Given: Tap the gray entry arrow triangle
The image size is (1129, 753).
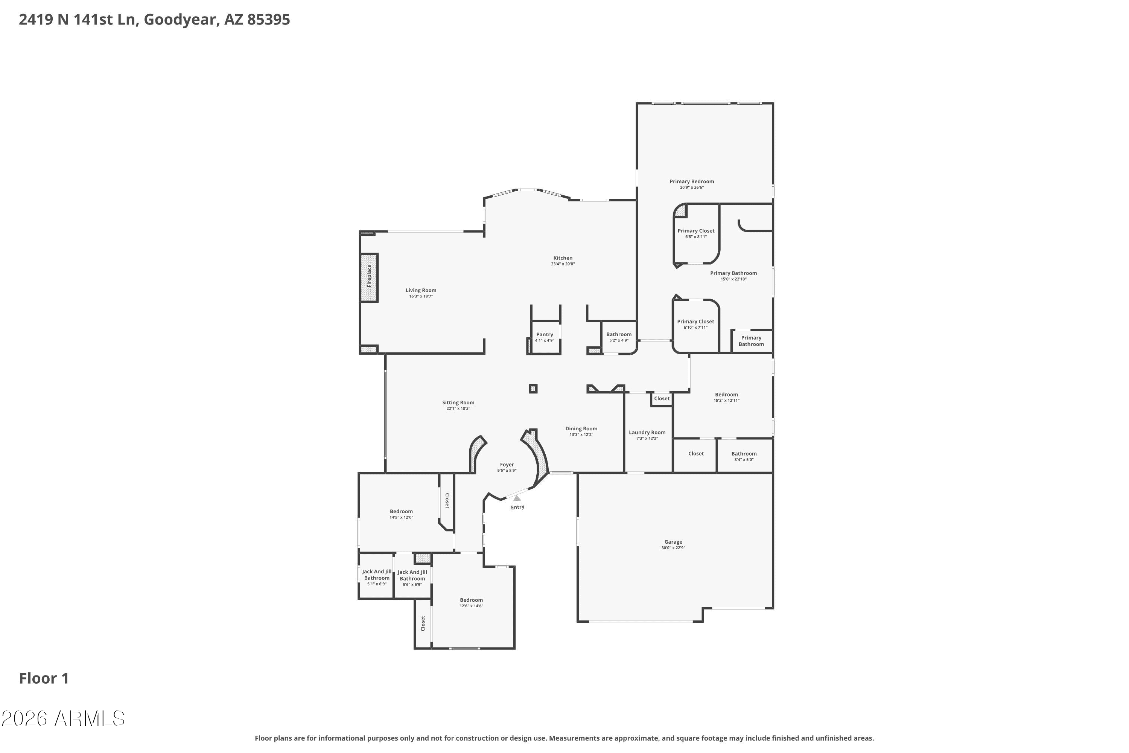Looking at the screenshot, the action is [x=517, y=498].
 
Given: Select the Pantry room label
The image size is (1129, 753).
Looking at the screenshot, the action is [x=545, y=334].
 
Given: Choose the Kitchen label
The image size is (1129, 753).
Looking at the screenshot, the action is [x=563, y=258].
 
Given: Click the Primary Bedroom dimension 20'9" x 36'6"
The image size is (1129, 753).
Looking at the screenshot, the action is [x=692, y=187].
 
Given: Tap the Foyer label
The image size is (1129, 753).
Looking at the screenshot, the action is [x=507, y=464].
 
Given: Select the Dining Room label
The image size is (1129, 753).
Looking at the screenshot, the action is [x=581, y=428].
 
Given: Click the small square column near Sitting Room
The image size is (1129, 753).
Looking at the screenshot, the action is [x=533, y=389].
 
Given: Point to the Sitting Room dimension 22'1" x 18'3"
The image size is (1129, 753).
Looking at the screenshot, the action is [x=458, y=409].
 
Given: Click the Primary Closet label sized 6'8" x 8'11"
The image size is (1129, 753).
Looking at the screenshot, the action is [x=696, y=230].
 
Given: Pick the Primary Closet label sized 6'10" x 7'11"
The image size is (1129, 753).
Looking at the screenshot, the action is [x=695, y=321].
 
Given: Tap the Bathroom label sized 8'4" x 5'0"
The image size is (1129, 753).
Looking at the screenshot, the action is [x=744, y=453].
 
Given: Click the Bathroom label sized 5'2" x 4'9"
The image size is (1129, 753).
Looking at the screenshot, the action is [x=619, y=334].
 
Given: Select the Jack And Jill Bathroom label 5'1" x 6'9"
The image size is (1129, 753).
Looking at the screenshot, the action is [x=377, y=575].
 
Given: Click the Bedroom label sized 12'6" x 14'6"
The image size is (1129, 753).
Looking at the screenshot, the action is [x=472, y=600].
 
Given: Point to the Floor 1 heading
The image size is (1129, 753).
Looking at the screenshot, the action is [x=44, y=678].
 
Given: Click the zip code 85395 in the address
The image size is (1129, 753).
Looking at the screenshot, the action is [x=268, y=20].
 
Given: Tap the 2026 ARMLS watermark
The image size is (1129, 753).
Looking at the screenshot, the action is [x=63, y=718].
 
